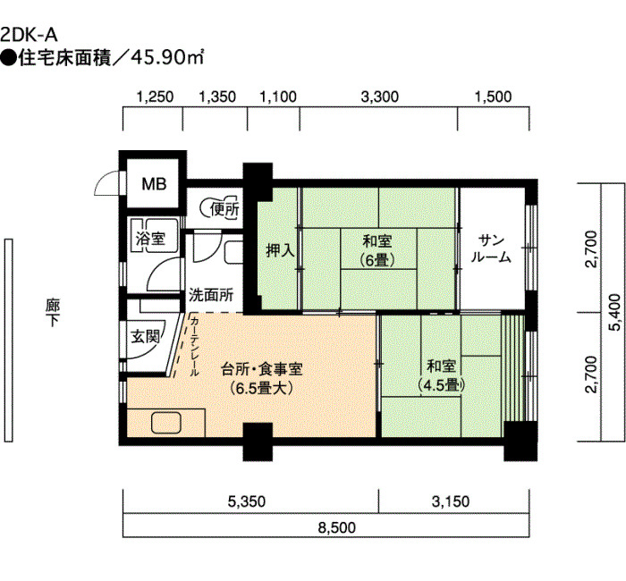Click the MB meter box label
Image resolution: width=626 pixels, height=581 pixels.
[154, 184]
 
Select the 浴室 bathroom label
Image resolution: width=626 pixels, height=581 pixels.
[150, 239]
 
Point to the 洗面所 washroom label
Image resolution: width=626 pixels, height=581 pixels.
[211, 295]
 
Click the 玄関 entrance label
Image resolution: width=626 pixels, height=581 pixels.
[145, 336]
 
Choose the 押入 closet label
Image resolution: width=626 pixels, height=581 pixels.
[280, 250]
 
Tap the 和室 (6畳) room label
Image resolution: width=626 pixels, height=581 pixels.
[376, 250]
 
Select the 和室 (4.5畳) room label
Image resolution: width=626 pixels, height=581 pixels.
[442, 375]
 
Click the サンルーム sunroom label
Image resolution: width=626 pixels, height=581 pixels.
[491, 248]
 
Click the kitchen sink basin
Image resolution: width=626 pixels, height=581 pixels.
[166, 423]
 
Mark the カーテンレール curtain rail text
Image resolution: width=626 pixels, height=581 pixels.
[194, 347]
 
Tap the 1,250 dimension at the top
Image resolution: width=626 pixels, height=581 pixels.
[155, 97]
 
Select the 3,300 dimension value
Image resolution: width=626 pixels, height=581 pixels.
[380, 97]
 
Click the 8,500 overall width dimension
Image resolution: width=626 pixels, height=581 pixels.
[337, 527]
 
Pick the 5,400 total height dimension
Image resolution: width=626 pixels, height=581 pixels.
[615, 312]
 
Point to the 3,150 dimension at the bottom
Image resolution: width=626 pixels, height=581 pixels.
[451, 501]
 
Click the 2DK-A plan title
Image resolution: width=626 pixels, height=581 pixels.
[29, 35]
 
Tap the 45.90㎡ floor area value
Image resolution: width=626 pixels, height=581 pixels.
[167, 58]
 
